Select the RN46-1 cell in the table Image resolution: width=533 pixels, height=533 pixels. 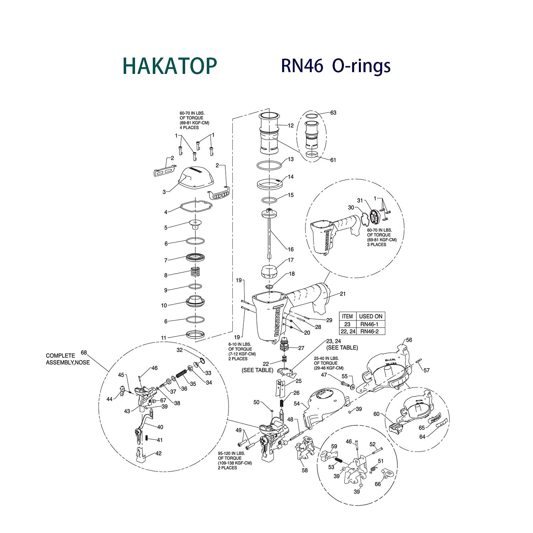(369, 324)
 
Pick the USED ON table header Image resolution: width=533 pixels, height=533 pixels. (370, 316)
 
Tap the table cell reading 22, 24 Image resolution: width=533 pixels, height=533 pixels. (348, 331)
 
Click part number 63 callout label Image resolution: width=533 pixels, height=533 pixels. (333, 113)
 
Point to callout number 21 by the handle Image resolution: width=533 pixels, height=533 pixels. (343, 294)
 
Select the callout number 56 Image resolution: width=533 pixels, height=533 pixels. (409, 340)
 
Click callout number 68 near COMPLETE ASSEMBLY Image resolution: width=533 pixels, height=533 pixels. (84, 353)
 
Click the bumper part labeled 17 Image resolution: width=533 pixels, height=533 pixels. (269, 272)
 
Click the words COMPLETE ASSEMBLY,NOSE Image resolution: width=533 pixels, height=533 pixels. (68, 359)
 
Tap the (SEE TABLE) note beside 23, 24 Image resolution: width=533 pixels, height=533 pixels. (342, 348)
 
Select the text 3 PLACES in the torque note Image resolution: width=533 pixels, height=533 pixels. (376, 244)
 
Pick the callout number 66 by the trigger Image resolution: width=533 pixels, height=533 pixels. (377, 484)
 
